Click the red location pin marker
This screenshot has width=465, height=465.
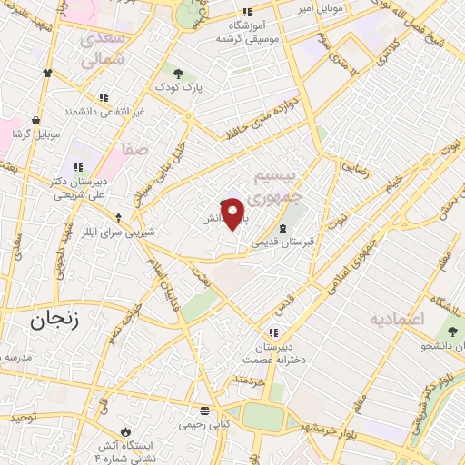click(x=233, y=213)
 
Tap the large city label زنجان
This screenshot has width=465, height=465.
click(x=42, y=321)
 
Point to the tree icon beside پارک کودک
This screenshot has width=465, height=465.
click(x=177, y=73)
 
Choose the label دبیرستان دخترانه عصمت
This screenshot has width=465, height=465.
click(x=273, y=354)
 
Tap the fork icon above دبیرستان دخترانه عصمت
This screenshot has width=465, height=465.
click(x=273, y=331)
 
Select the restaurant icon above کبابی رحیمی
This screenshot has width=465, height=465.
click(x=204, y=410)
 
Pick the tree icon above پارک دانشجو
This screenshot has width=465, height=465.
click(x=451, y=331)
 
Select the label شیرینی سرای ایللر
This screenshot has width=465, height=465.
click(x=118, y=232)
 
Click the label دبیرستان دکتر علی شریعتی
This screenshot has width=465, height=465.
click(x=79, y=187)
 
